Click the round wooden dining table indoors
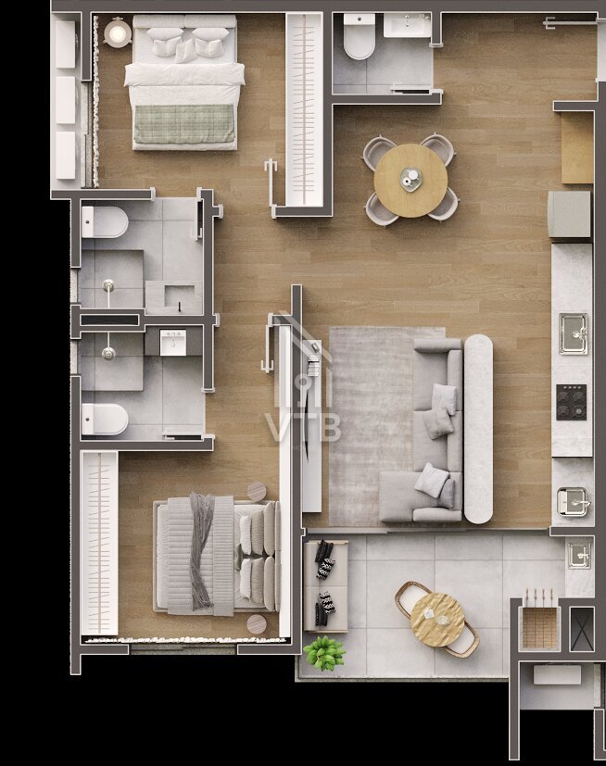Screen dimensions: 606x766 click(x=410, y=181)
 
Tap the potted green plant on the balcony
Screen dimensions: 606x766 click(x=324, y=652)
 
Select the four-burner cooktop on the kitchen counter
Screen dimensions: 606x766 click(x=572, y=402)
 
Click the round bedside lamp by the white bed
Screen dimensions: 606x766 click(x=118, y=32)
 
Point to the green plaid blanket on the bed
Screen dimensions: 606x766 click(x=184, y=124)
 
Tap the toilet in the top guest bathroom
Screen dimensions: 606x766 click(x=360, y=37)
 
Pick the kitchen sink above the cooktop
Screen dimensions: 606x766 click(x=574, y=333)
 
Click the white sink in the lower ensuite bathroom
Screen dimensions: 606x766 click(x=172, y=343)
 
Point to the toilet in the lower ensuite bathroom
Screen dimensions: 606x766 click(x=105, y=420)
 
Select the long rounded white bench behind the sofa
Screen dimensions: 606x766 click(x=478, y=429)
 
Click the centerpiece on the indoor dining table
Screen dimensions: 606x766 click(x=410, y=178)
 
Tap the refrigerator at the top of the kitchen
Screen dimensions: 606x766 click(x=570, y=214)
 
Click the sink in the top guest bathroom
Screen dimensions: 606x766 click(x=407, y=25)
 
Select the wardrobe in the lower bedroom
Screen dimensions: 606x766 click(x=100, y=543)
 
